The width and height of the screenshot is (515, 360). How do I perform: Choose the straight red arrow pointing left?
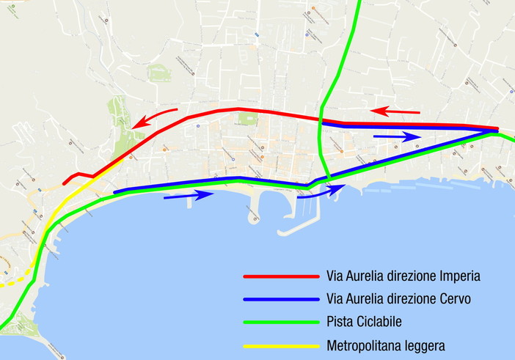point(395,111)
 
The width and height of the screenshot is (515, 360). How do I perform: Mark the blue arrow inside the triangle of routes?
point(397,136)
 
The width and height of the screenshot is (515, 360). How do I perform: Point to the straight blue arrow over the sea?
point(188,195)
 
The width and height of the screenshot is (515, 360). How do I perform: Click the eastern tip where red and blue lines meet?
point(496,130)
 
